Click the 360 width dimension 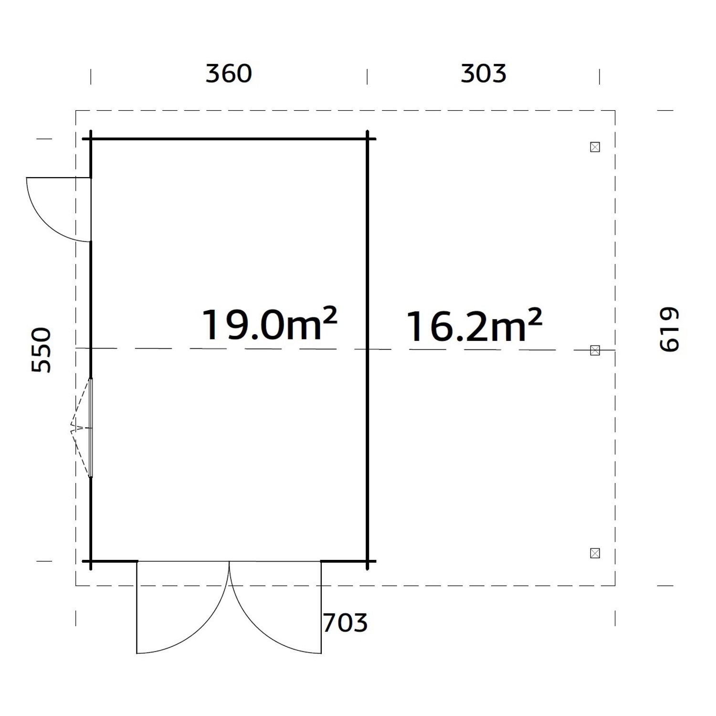(229, 74)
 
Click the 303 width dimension (483, 74)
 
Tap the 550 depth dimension (41, 350)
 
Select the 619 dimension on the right (669, 329)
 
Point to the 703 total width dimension (345, 622)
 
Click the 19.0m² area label (270, 325)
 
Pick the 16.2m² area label (474, 326)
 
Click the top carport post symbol (595, 147)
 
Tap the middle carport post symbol (595, 350)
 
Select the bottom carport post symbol (595, 553)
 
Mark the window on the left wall (90, 428)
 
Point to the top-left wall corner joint (91, 139)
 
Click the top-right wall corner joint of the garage (368, 139)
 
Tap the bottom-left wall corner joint (91, 561)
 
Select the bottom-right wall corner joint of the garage (368, 561)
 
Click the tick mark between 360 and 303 (367, 76)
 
